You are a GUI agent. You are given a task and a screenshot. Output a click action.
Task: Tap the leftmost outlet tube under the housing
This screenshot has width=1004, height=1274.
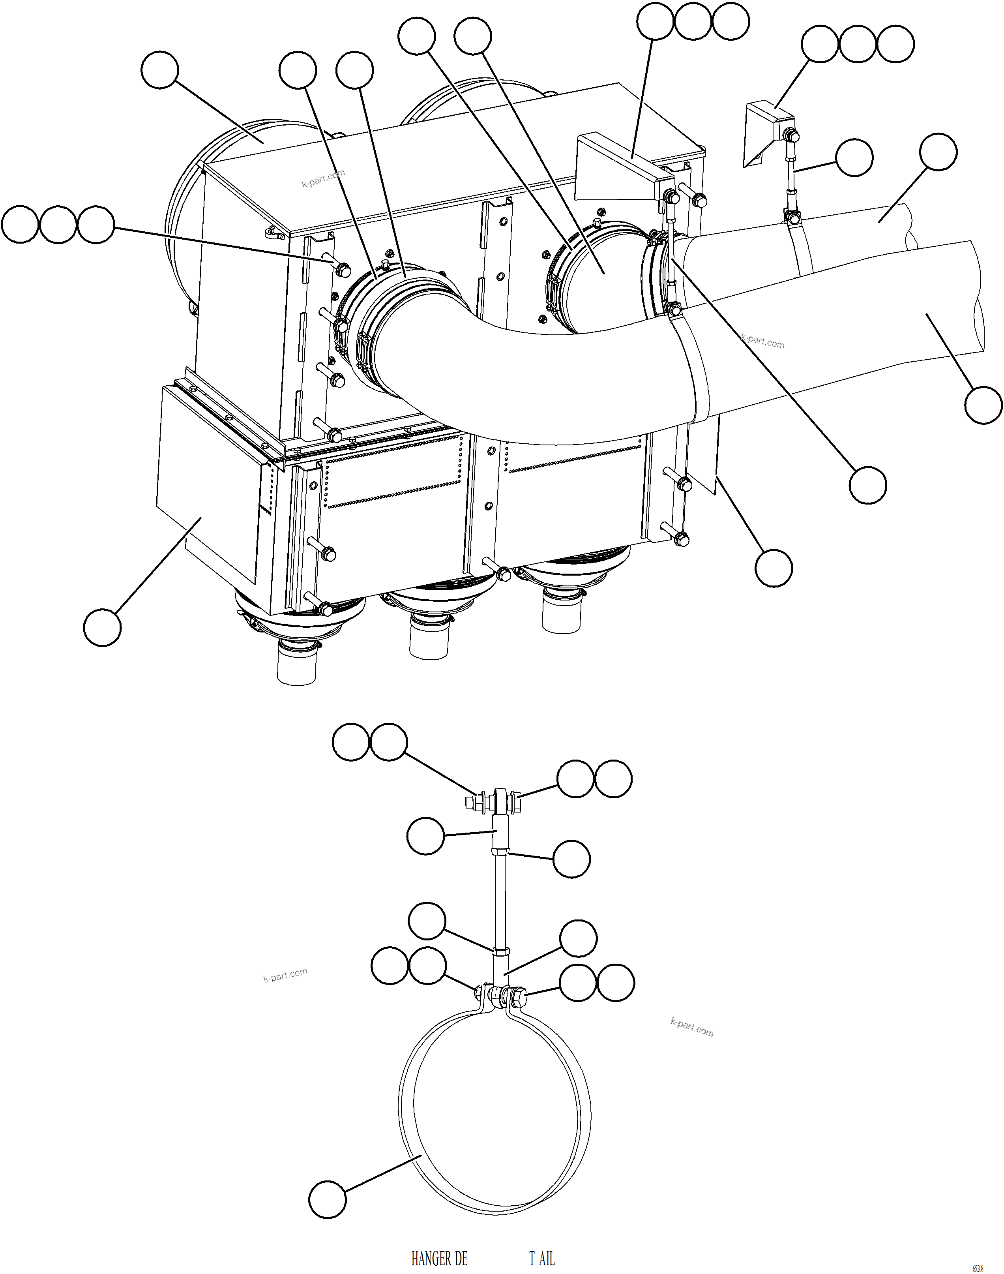[296, 664]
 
